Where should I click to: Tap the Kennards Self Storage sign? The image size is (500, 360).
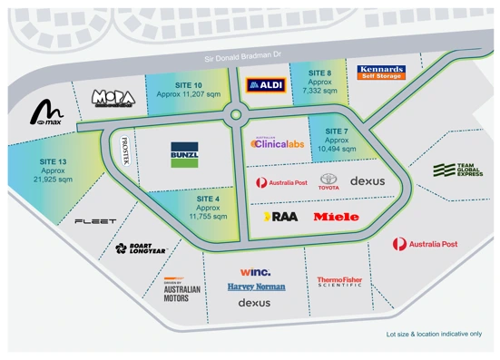pos(380,72)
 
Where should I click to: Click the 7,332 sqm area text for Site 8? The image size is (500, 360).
pos(319,91)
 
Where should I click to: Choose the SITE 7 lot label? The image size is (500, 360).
pos(336,131)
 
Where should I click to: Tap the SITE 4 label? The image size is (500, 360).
pos(208,198)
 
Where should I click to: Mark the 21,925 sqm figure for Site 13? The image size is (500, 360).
pos(53,180)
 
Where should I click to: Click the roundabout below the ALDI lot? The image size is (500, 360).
pos(238,115)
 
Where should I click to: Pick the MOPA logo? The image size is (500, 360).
pos(113,97)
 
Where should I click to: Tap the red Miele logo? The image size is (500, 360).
pos(336,217)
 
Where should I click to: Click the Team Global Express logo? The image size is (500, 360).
pos(456,170)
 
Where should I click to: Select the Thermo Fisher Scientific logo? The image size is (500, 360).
pos(339,282)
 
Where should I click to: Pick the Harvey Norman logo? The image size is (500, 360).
pos(256,287)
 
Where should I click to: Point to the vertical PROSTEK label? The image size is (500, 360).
pos(125,151)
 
